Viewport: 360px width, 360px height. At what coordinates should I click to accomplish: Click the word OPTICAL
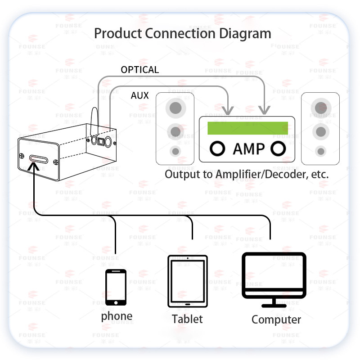tap(140, 70)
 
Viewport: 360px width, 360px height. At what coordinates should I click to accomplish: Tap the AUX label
tap(139, 96)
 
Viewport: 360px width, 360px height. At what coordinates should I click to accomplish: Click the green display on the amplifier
tap(247, 128)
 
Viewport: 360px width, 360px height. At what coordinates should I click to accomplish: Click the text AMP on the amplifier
tap(248, 149)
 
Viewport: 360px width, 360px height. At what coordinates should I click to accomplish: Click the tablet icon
tap(187, 281)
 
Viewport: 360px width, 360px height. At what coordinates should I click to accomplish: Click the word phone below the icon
tap(117, 316)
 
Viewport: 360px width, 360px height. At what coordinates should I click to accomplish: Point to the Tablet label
tap(187, 319)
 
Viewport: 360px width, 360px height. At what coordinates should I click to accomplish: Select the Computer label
tap(276, 320)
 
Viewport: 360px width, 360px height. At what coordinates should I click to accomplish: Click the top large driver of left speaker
tap(175, 108)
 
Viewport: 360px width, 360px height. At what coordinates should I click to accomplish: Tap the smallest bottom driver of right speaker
tap(320, 151)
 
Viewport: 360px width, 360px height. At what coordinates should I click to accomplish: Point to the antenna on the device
tap(95, 119)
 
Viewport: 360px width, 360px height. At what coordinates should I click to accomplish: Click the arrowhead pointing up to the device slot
tap(33, 167)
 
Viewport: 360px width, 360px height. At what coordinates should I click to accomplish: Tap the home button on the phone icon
tap(116, 301)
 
